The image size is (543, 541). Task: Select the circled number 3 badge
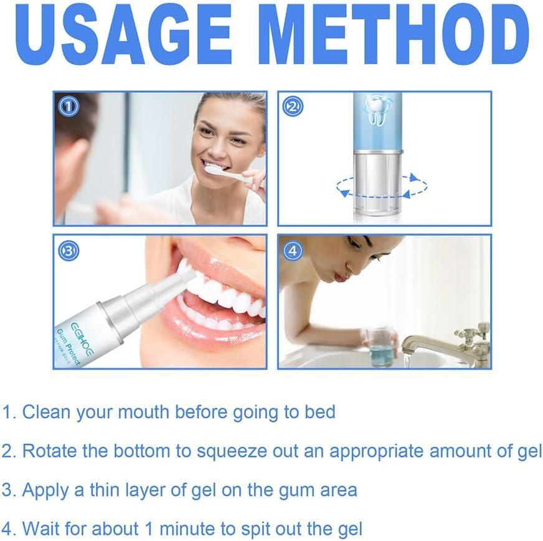(68, 251)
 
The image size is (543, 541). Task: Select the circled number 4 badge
(293, 251)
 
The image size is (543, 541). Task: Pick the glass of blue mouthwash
(380, 345)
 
